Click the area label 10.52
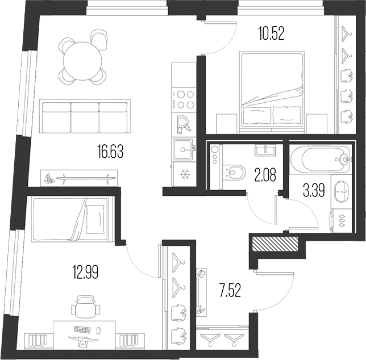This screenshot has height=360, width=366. point(271,34)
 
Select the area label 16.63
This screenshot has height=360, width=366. point(110,151)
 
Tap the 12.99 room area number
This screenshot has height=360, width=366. point(85,272)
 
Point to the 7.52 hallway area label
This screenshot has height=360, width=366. point(230,290)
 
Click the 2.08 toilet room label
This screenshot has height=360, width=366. point(265,175)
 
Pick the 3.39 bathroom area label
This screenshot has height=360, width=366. point(314,191)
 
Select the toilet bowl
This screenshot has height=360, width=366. point(234,173)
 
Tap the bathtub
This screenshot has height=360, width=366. point(321,159)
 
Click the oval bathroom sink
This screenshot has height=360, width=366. point(342,191)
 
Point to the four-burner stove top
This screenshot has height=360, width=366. point(184,99)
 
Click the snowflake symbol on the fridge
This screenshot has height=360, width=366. point(185,174)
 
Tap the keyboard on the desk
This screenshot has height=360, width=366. point(82,329)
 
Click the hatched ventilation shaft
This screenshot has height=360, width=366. point(275,244)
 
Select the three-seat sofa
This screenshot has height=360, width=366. point(85,116)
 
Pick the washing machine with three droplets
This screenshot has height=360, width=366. point(342,220)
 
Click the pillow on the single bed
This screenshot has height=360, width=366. point(95,219)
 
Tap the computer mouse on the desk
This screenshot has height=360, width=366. point(98,330)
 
